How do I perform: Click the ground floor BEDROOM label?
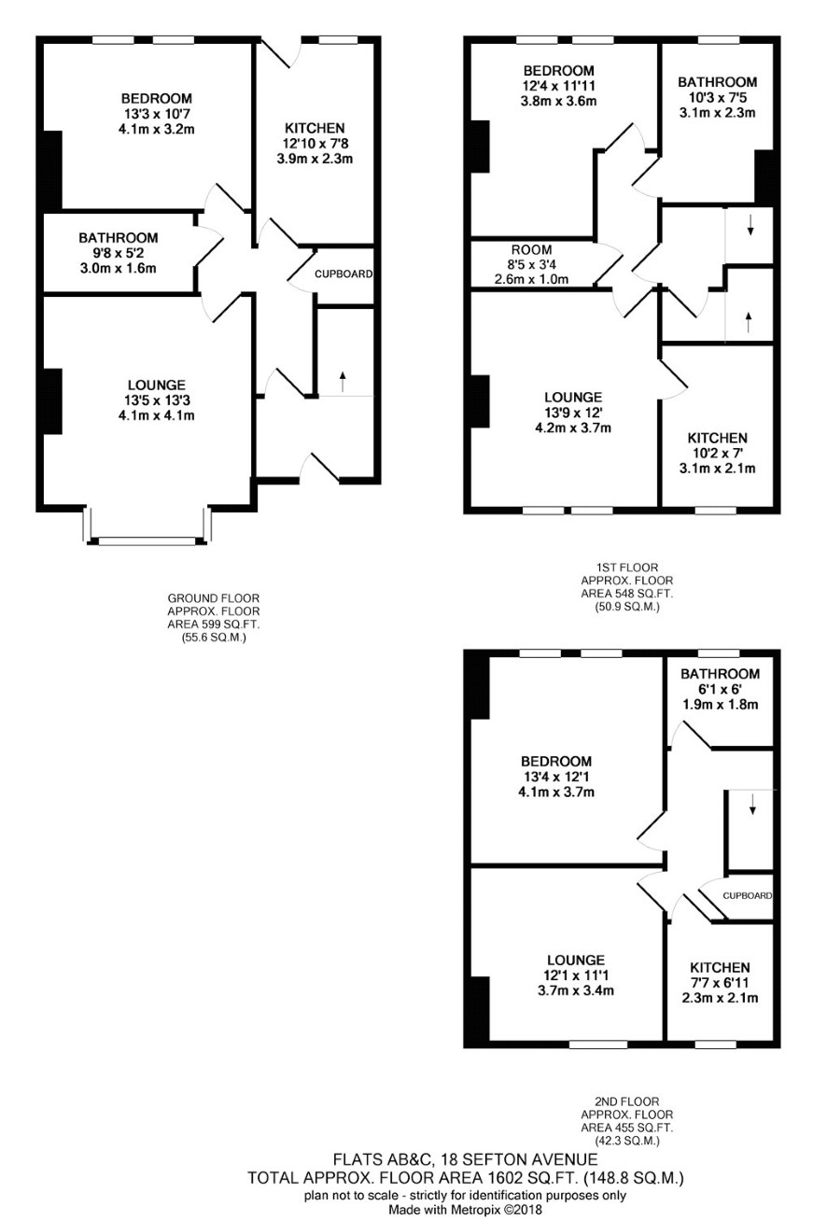coord(157,99)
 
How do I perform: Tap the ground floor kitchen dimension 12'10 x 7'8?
coord(315,144)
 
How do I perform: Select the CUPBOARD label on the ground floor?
coord(343,273)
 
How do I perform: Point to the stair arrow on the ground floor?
coord(343,381)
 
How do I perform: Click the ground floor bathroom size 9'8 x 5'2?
coord(119,253)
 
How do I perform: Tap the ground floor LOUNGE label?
coord(157,386)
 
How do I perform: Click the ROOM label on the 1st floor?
coord(531,250)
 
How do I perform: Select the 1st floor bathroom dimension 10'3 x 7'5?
coord(717,97)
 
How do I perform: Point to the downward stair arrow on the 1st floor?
coord(750,225)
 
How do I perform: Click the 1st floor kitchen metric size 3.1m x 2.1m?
coord(717,469)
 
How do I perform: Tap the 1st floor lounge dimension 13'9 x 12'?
coord(573,413)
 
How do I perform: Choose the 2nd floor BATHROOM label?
coord(720,674)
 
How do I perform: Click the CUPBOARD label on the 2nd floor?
coord(748,895)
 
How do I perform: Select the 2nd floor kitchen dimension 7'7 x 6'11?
coord(720,983)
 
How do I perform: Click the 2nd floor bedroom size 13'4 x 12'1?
coord(556,777)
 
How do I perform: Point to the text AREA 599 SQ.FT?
coord(214,624)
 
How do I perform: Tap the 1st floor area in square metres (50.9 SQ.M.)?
coord(627,607)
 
